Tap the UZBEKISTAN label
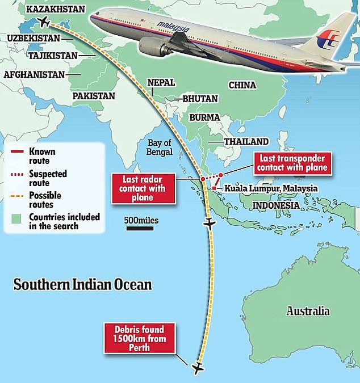click(x=35, y=37)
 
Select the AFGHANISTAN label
click(x=35, y=74)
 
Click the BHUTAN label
click(x=200, y=98)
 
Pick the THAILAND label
click(x=246, y=141)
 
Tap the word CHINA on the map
click(x=243, y=85)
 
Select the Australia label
click(x=308, y=311)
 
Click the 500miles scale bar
click(x=139, y=229)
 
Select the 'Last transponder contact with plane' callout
click(x=292, y=162)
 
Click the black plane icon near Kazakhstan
click(x=43, y=22)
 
